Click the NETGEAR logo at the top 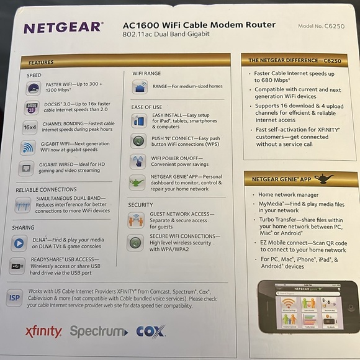63,28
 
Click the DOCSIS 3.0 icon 32,107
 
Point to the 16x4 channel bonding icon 30,127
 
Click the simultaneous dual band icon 23,205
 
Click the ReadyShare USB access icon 19,265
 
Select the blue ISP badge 14,299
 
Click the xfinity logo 43,331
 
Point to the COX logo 150,331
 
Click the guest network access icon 136,220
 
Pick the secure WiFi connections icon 135,242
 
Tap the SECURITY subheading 140,204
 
